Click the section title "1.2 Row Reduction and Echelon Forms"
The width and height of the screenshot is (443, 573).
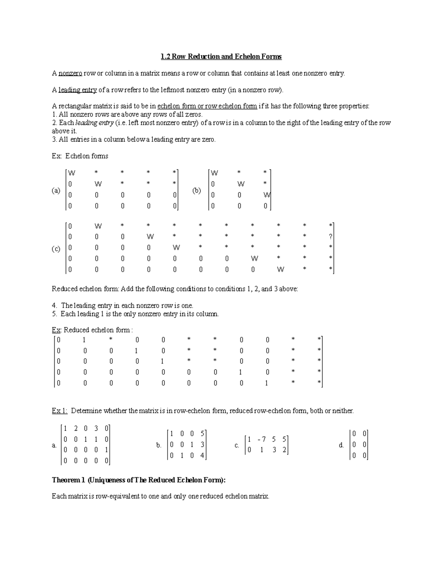tap(221, 56)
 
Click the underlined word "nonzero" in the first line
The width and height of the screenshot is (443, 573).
tap(70, 73)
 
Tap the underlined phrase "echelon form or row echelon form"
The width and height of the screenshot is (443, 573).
tap(207, 106)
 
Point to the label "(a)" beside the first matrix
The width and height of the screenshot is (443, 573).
tap(56, 191)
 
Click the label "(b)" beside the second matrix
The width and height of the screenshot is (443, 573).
tap(196, 191)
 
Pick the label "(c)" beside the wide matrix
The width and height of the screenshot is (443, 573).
tap(56, 249)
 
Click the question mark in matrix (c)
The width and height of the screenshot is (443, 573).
tap(331, 237)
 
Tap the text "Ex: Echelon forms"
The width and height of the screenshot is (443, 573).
tap(80, 156)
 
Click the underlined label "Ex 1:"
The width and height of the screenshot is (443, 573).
tap(60, 411)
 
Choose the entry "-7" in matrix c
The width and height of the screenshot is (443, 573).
tap(261, 439)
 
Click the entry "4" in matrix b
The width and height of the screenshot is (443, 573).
tap(202, 456)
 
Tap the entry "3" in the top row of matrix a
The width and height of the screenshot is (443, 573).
tap(96, 429)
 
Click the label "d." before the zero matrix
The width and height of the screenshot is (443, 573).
tap(341, 445)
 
